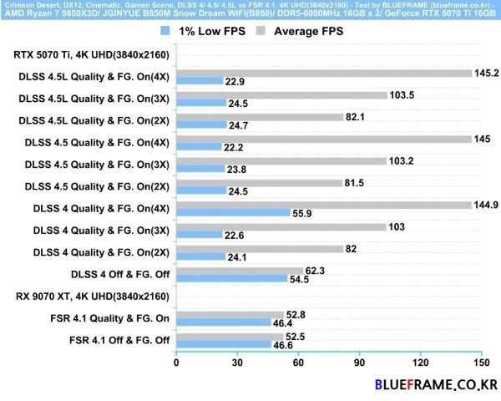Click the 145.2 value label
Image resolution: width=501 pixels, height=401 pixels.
486,73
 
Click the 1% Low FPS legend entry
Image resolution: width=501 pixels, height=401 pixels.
196,32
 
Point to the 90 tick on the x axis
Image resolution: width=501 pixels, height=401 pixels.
359,363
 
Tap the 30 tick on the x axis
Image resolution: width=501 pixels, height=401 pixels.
236,363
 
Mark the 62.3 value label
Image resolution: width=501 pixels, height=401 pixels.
315,271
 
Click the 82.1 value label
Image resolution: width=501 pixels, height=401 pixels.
357,118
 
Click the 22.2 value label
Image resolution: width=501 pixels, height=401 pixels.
234,147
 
